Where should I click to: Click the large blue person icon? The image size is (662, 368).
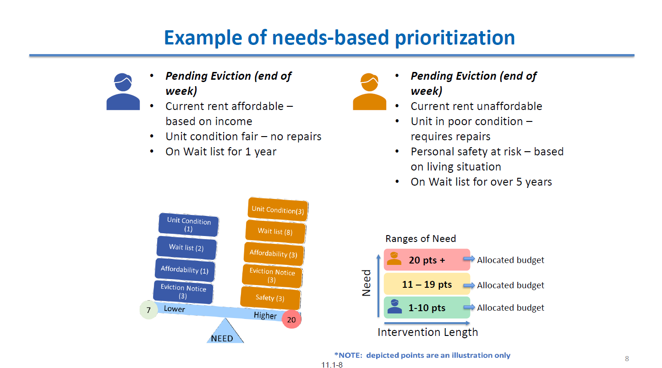pos(123,92)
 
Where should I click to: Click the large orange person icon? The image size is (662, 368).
pos(369,92)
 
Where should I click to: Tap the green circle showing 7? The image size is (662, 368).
pos(148,310)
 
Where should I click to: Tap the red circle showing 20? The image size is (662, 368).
pos(291,319)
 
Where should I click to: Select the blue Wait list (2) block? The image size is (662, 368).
pos(186,247)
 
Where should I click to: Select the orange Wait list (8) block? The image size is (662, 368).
pos(275,231)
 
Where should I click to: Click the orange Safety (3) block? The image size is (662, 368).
pos(270,298)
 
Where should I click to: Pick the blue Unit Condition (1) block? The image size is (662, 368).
pos(189,225)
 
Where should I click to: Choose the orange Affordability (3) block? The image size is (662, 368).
pos(274,253)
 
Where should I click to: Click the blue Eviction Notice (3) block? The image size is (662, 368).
pos(183,292)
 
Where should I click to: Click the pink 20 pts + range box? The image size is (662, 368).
pos(427,260)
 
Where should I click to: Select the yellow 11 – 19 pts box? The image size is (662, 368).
pos(427,284)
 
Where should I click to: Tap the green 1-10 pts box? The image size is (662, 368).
pos(427,308)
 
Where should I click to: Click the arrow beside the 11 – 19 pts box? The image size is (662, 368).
pos(469,285)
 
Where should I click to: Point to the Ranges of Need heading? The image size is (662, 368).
pos(421,238)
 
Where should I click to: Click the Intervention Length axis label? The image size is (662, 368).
pos(427,332)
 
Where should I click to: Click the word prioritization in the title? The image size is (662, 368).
pos(455,38)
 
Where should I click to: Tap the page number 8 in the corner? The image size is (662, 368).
pos(627,358)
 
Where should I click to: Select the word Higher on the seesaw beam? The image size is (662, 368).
pos(265,315)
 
